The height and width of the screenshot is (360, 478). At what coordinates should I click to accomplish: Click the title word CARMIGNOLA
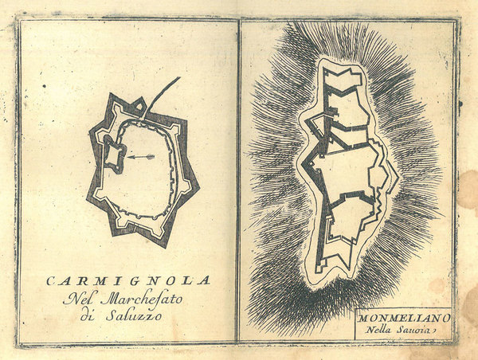coord(128,280)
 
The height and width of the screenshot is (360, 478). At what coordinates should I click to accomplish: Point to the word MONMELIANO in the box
coord(403,316)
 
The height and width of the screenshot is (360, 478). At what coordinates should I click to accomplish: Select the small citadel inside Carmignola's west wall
coord(112,154)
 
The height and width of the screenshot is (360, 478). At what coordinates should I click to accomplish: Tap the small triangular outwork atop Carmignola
coord(140,105)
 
